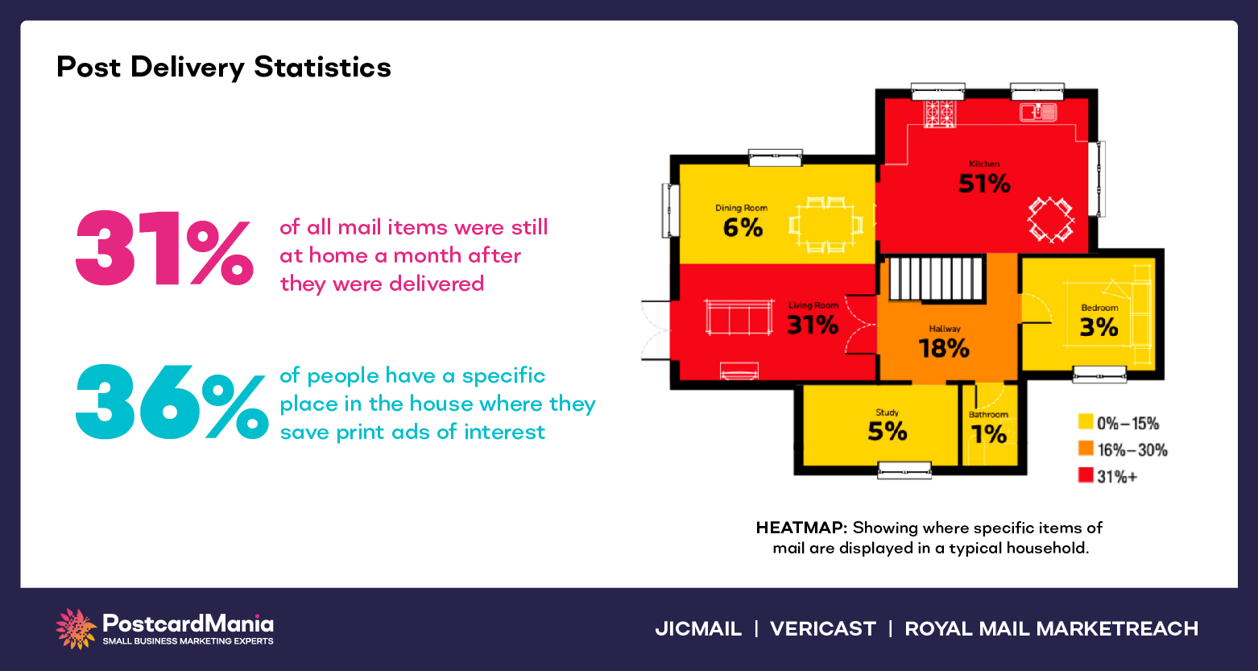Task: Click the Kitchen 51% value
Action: tap(984, 184)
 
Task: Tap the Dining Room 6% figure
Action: tap(743, 228)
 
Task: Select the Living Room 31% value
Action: tap(813, 325)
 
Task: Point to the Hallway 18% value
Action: tap(944, 349)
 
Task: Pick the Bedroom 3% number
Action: tap(1099, 327)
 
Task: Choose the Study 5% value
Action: tap(887, 432)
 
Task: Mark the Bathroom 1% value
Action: tap(988, 435)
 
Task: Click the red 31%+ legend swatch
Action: tap(1086, 475)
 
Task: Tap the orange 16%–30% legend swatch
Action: tap(1086, 449)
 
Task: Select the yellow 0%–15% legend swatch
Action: tap(1086, 422)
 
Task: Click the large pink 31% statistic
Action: tap(164, 249)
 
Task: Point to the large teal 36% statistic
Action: tap(172, 403)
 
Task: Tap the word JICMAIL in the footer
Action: tap(698, 629)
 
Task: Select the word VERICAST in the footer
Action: tap(822, 629)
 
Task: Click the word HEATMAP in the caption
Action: tap(801, 528)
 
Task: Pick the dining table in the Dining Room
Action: tap(826, 225)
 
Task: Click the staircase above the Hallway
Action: tap(937, 278)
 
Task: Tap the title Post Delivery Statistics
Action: tap(224, 67)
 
